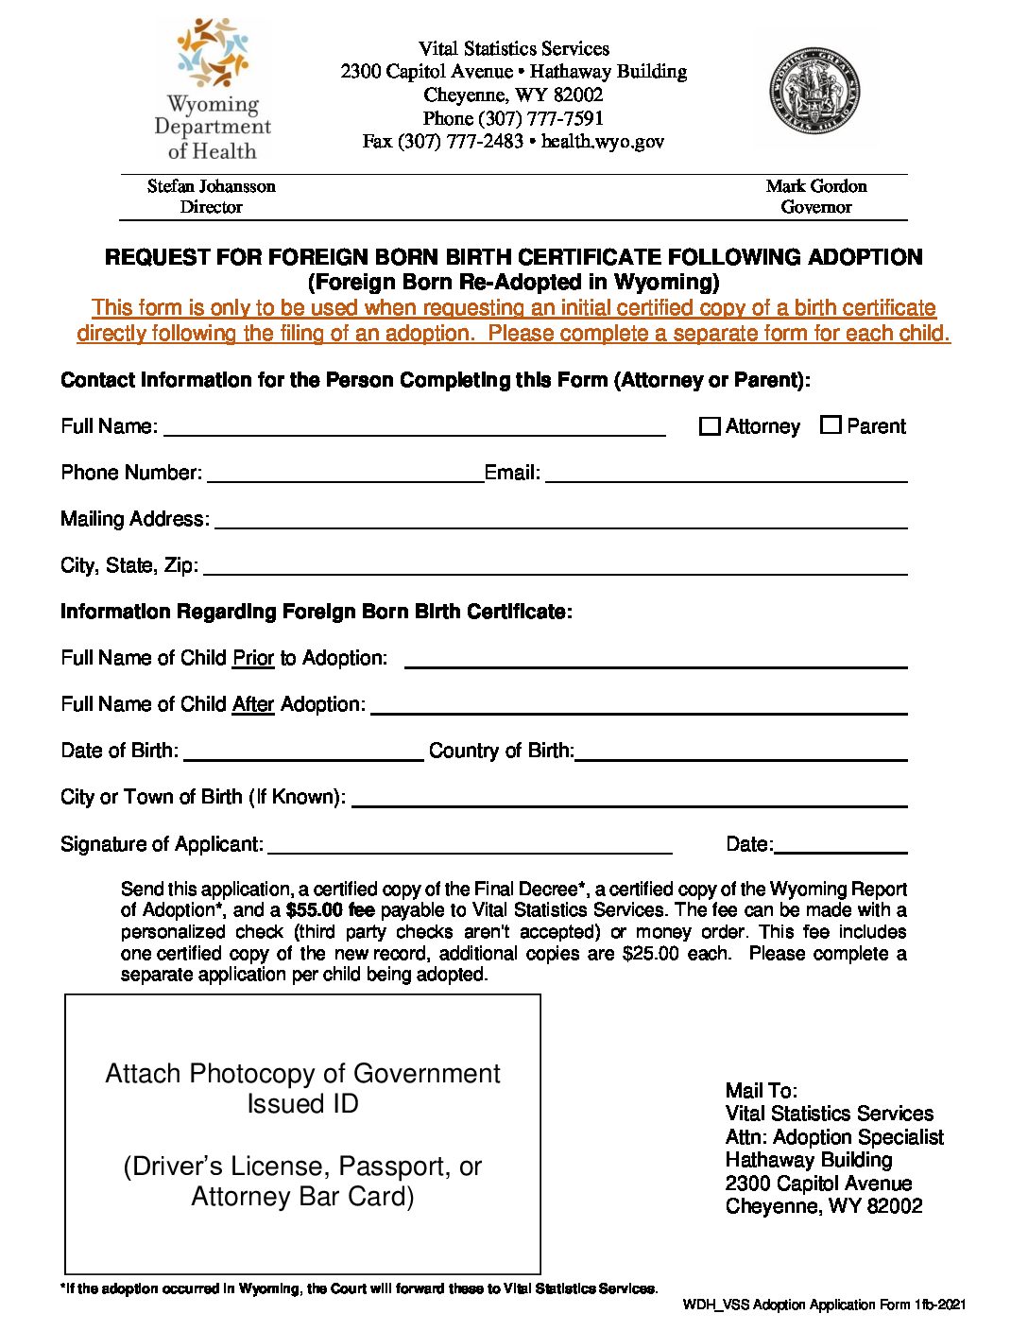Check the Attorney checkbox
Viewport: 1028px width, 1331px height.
click(x=710, y=426)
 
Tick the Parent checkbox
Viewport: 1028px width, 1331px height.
click(x=831, y=425)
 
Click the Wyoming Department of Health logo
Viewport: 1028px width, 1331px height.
click(x=212, y=90)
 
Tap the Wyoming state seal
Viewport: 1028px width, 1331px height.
click(x=814, y=92)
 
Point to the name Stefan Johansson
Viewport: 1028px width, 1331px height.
click(x=212, y=186)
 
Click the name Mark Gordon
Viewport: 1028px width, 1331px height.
click(x=816, y=186)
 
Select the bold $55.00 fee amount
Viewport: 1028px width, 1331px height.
click(x=330, y=910)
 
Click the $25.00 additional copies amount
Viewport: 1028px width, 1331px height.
click(x=650, y=953)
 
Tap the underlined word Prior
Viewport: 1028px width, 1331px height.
click(x=253, y=658)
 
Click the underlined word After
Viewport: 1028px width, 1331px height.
click(x=253, y=704)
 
